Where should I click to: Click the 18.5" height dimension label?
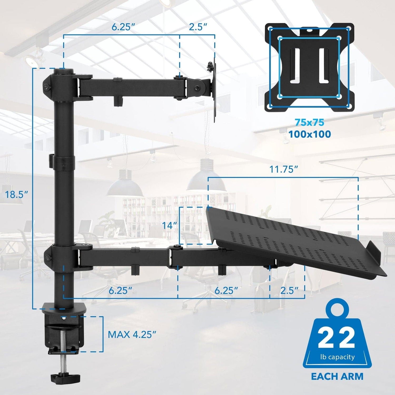pyautogui.click(x=17, y=195)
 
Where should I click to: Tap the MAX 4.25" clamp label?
pyautogui.click(x=132, y=334)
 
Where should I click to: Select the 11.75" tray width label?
pyautogui.click(x=283, y=169)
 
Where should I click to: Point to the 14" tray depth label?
pyautogui.click(x=169, y=226)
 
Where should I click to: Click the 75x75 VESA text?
pyautogui.click(x=309, y=122)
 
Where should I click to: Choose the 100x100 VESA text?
pyautogui.click(x=309, y=134)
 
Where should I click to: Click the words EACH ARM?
pyautogui.click(x=337, y=376)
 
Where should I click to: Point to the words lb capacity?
pyautogui.click(x=337, y=357)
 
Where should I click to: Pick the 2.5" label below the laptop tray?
pyautogui.click(x=289, y=290)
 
